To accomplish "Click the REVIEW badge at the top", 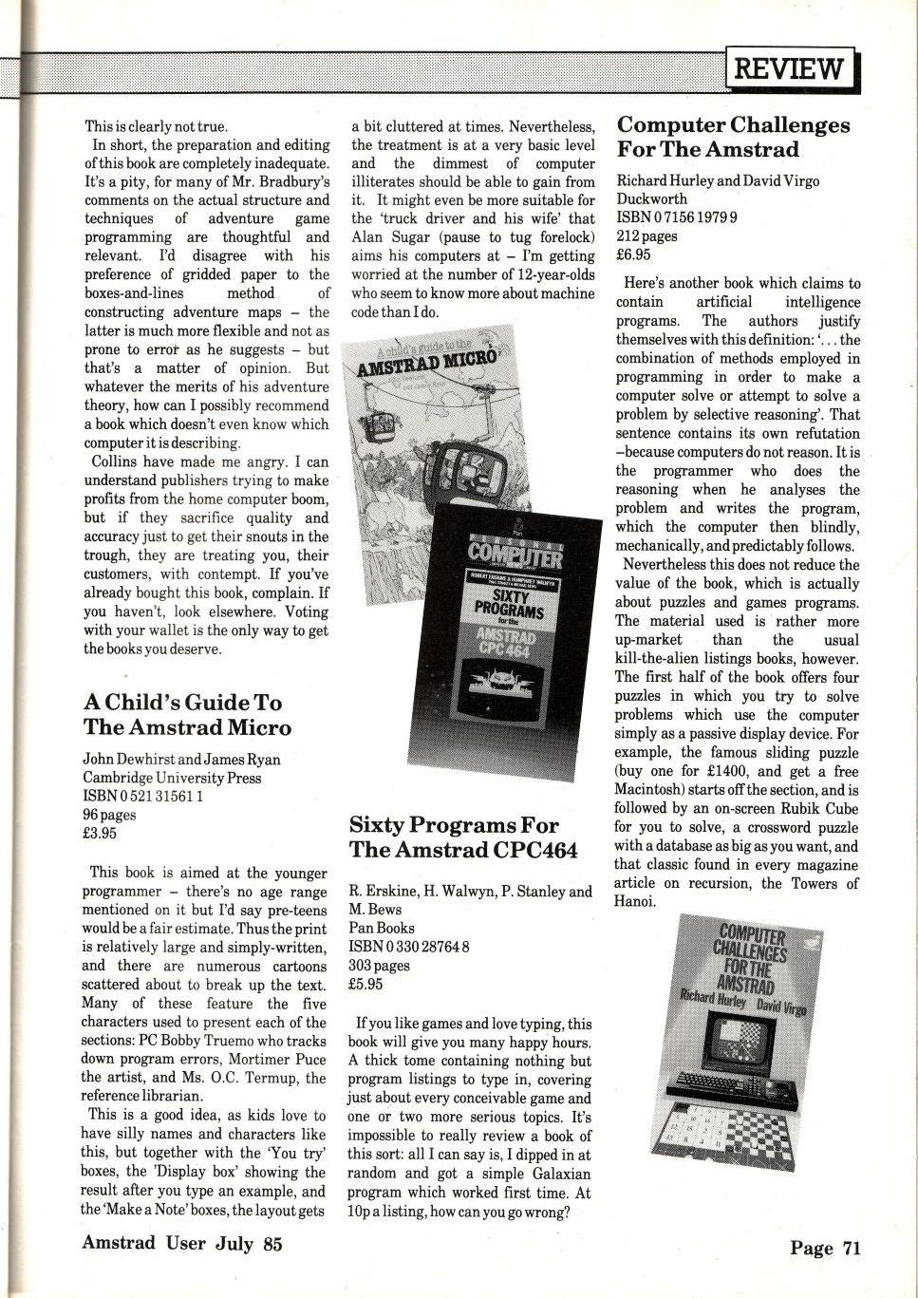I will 790,69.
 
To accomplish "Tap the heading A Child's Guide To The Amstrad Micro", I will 187,715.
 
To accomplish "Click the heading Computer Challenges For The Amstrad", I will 733,137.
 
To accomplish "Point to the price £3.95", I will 99,833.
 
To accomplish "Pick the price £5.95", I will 365,984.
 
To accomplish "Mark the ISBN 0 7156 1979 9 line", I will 677,218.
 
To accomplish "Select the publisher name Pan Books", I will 381,927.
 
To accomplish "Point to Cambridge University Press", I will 171,778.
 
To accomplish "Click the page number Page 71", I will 824,1248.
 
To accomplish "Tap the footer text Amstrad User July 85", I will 182,1243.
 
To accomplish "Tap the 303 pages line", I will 379,965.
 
